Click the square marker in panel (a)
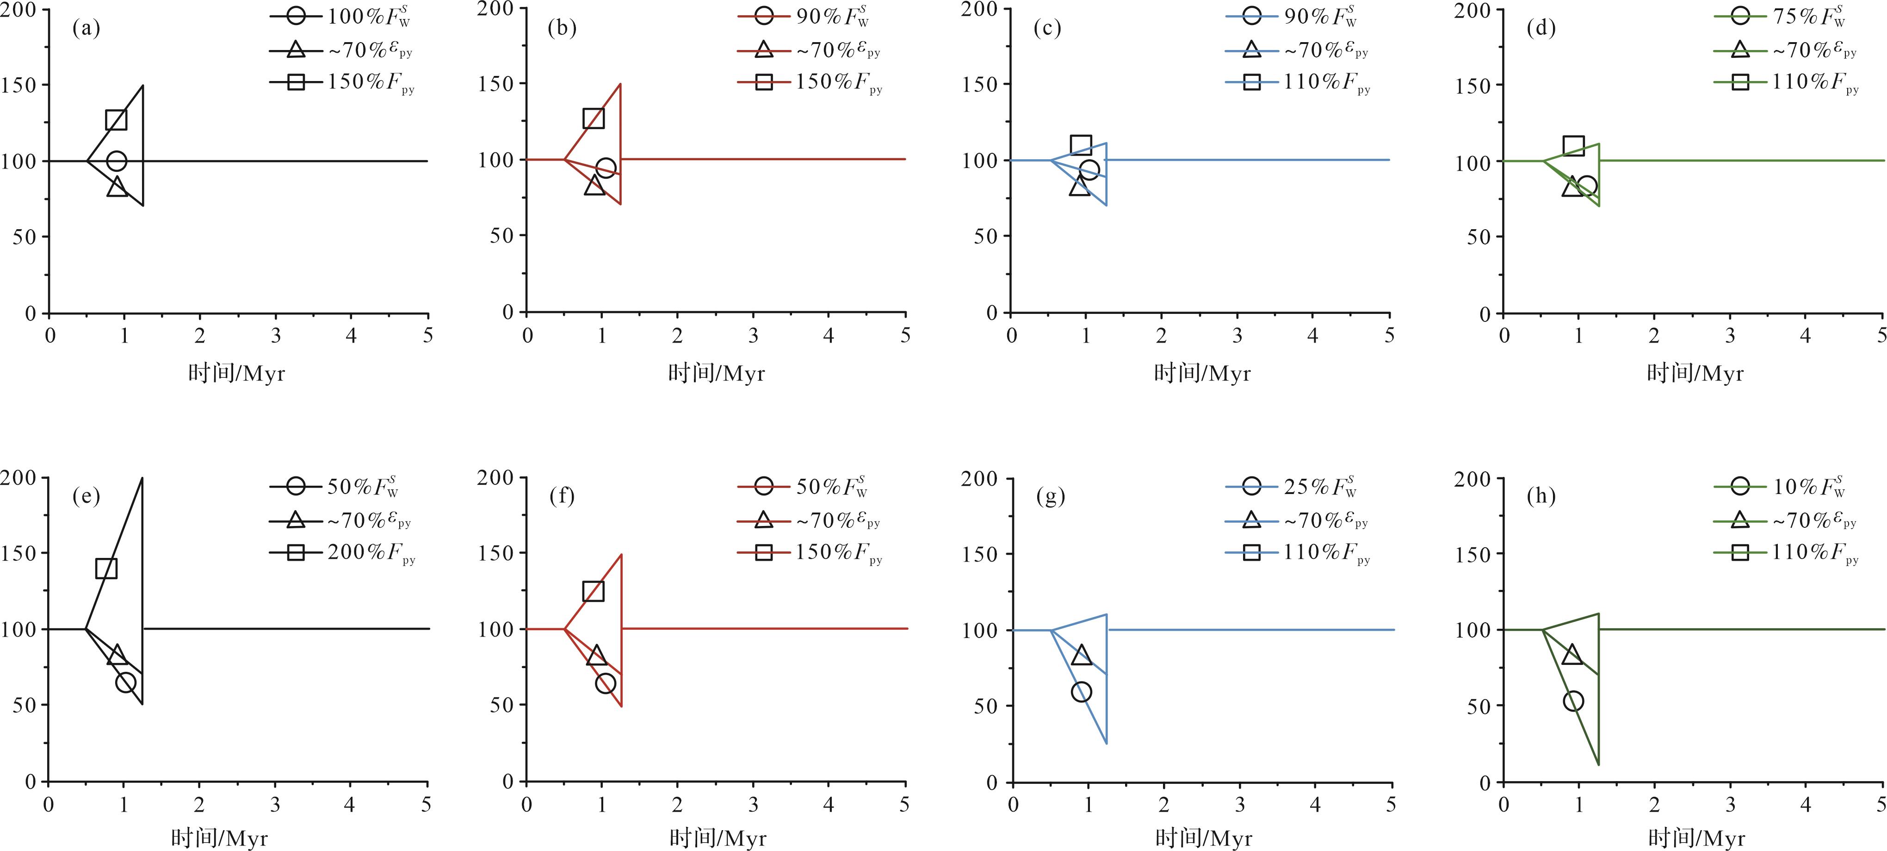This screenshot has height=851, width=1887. pyautogui.click(x=116, y=119)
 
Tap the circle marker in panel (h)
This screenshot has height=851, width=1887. pyautogui.click(x=1573, y=701)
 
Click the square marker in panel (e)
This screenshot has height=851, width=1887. pyautogui.click(x=106, y=568)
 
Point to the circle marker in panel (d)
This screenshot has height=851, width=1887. pyautogui.click(x=1587, y=186)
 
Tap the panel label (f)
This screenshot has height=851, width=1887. pyautogui.click(x=562, y=497)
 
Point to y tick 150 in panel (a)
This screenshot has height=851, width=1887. pyautogui.click(x=20, y=85)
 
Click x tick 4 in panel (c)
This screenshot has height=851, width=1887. pyautogui.click(x=1313, y=336)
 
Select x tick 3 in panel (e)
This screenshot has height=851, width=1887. pyautogui.click(x=275, y=805)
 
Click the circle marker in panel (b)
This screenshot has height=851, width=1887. pyautogui.click(x=605, y=169)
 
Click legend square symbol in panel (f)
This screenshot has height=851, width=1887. pyautogui.click(x=763, y=552)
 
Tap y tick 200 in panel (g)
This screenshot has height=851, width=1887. pyautogui.click(x=980, y=479)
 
